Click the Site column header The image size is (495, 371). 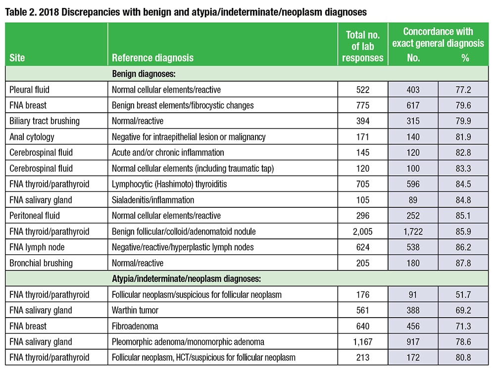(17, 58)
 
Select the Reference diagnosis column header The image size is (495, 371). (152, 58)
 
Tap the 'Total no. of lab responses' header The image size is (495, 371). (363, 46)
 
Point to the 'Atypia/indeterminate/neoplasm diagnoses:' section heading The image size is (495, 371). (191, 279)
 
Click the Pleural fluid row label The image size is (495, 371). (29, 90)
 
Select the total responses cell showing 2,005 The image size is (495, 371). (363, 232)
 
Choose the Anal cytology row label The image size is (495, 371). (32, 137)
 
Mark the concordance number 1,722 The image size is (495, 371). (413, 232)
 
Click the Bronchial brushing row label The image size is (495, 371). (41, 263)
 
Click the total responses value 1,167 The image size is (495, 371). (363, 342)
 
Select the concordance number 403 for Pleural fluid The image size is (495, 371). (413, 90)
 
